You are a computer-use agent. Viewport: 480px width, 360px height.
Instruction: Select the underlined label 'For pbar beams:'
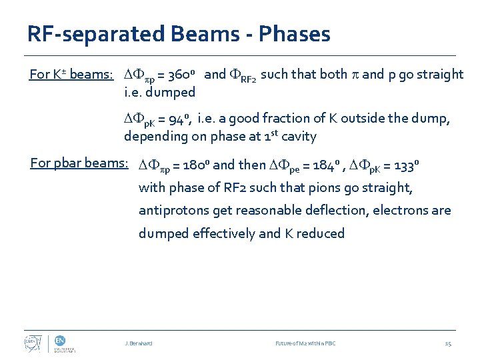click(79, 163)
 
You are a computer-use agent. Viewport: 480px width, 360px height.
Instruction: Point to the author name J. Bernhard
click(139, 343)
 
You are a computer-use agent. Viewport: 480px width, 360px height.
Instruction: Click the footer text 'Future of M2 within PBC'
click(305, 343)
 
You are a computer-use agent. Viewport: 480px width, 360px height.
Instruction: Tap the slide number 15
click(447, 343)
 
